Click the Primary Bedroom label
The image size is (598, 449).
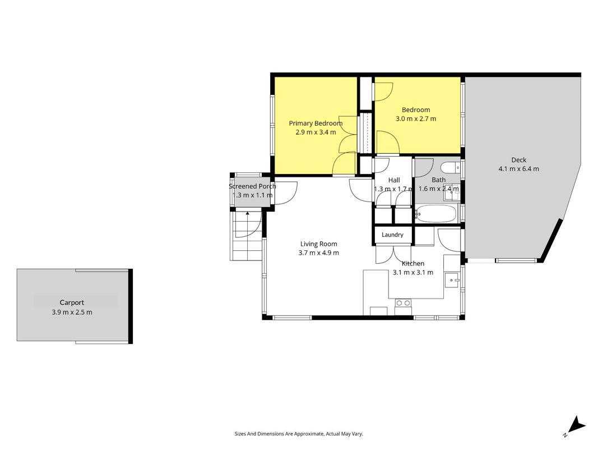[x=316, y=123]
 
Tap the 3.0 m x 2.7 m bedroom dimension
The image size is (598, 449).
[x=416, y=119]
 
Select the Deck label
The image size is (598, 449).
[x=518, y=160]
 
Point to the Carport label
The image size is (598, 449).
[x=72, y=303]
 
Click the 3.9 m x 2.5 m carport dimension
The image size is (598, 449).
[x=72, y=312]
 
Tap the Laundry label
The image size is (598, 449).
[x=392, y=235]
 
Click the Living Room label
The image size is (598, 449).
[x=318, y=244]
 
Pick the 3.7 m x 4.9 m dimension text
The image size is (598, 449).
[x=318, y=253]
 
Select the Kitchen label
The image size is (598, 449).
[x=413, y=263]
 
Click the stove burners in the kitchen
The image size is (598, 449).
[x=404, y=303]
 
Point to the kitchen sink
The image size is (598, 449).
[x=453, y=280]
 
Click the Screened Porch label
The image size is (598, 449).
[x=252, y=186]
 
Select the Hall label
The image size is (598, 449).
[x=394, y=180]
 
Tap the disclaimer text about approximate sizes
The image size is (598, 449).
[x=299, y=434]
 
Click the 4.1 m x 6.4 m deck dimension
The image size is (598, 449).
[x=518, y=169]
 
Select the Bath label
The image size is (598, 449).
[x=439, y=180]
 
